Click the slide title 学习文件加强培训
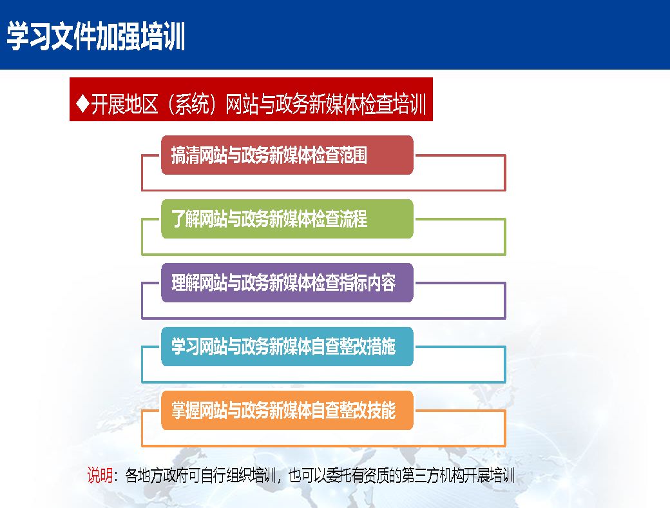click(96, 36)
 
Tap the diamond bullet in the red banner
click(82, 103)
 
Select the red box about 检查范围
click(287, 155)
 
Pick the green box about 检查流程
click(287, 219)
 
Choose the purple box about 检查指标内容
click(287, 282)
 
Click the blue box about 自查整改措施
click(287, 346)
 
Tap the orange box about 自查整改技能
click(287, 410)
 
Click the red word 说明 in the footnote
click(100, 475)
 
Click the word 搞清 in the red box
click(185, 155)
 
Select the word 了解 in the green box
click(185, 219)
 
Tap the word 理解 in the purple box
click(185, 282)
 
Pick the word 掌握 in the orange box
click(185, 410)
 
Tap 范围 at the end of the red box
click(354, 155)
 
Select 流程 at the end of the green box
click(354, 219)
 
